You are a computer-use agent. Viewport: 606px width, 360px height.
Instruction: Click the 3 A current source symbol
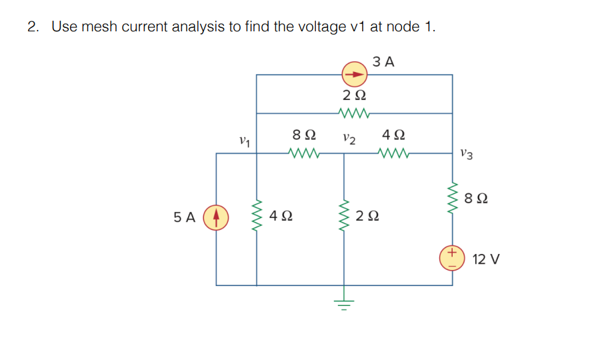click(x=355, y=74)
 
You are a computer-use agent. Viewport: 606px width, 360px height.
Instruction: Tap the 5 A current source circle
click(x=216, y=217)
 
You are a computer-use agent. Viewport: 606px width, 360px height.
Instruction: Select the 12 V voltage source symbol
click(x=452, y=258)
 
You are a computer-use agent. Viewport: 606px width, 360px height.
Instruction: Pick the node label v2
click(x=348, y=139)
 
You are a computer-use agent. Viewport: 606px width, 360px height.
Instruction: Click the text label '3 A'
click(x=383, y=62)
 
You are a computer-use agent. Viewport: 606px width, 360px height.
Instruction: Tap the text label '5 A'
click(x=184, y=217)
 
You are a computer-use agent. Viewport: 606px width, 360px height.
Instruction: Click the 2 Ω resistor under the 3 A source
click(x=353, y=111)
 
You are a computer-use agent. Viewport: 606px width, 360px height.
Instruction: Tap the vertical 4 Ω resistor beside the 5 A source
click(x=257, y=217)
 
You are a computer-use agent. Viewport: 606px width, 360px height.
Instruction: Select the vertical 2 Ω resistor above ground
click(x=344, y=217)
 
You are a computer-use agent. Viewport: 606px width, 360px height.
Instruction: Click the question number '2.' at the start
click(x=33, y=27)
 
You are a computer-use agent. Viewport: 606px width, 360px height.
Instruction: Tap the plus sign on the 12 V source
click(x=452, y=253)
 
